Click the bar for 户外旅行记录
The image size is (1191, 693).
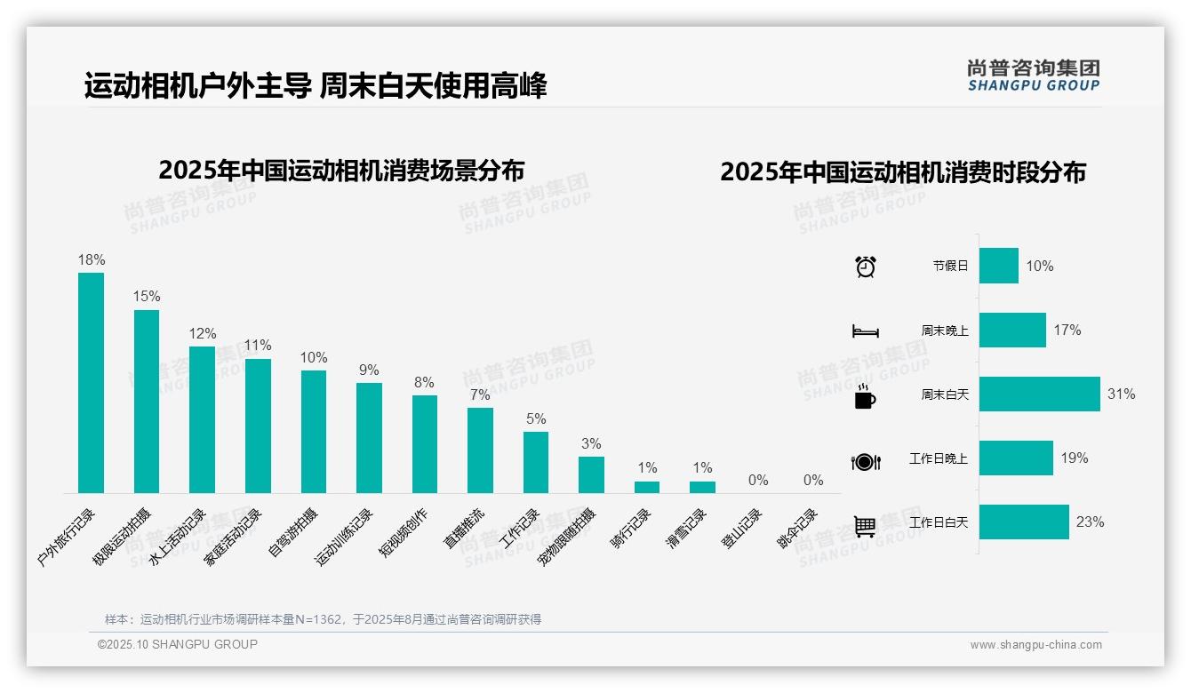click(91, 383)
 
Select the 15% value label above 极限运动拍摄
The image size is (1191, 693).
click(147, 297)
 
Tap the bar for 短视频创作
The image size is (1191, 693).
click(425, 444)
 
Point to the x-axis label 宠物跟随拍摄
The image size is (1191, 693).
click(569, 538)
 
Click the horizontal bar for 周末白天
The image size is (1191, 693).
click(1039, 394)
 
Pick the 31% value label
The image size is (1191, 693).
click(1121, 394)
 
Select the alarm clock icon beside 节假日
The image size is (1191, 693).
click(865, 267)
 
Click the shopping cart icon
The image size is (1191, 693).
click(865, 526)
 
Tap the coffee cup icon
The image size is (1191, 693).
click(865, 397)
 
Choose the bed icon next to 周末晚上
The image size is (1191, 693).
click(865, 331)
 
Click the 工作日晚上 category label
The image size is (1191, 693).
click(938, 459)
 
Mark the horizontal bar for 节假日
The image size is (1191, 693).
click(999, 266)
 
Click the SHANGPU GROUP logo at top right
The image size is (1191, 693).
click(1033, 75)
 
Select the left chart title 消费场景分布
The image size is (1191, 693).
click(341, 170)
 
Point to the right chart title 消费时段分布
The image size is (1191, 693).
click(903, 172)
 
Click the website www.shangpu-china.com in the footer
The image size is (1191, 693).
click(1035, 645)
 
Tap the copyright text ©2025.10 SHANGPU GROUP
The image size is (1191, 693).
click(178, 644)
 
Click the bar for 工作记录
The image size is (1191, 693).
click(536, 462)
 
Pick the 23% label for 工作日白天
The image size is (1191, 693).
click(1090, 522)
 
